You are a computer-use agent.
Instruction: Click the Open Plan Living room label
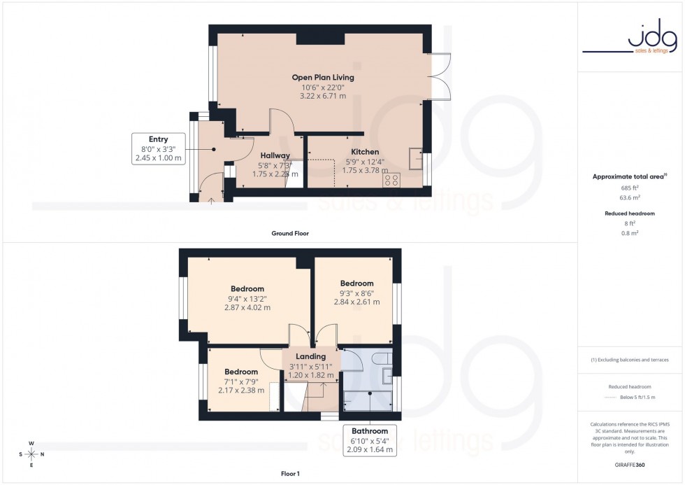(x=322, y=77)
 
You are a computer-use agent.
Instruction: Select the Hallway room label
(x=275, y=155)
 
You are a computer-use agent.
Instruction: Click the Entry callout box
(x=158, y=148)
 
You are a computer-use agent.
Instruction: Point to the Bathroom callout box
(x=369, y=440)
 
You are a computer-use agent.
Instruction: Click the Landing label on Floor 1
(x=311, y=356)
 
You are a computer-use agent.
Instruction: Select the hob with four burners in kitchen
(x=391, y=179)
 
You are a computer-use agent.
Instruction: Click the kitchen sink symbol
(x=417, y=159)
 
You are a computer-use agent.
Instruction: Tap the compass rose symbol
(x=31, y=454)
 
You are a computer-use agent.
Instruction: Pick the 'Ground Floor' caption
(x=290, y=233)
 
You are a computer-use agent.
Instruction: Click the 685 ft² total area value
(x=630, y=188)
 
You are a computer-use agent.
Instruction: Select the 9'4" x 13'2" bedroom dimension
(x=247, y=298)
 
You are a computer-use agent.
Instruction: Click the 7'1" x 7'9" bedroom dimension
(x=240, y=381)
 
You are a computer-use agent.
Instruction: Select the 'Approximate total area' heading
(x=628, y=177)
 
